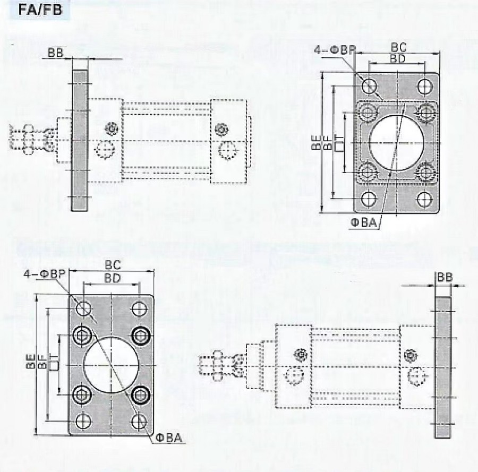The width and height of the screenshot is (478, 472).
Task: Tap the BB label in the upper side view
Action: pos(56,53)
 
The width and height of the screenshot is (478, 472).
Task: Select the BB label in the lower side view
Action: pos(445,277)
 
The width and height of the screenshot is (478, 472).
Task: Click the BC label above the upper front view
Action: pos(400,47)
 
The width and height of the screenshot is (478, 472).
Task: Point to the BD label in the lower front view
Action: pos(112,278)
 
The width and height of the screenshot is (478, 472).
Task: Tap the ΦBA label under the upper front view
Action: pos(363,224)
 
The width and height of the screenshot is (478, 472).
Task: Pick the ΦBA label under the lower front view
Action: pos(169,438)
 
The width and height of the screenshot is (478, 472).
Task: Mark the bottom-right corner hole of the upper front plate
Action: pos(423,199)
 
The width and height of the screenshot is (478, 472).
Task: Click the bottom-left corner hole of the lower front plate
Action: pos(83,422)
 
